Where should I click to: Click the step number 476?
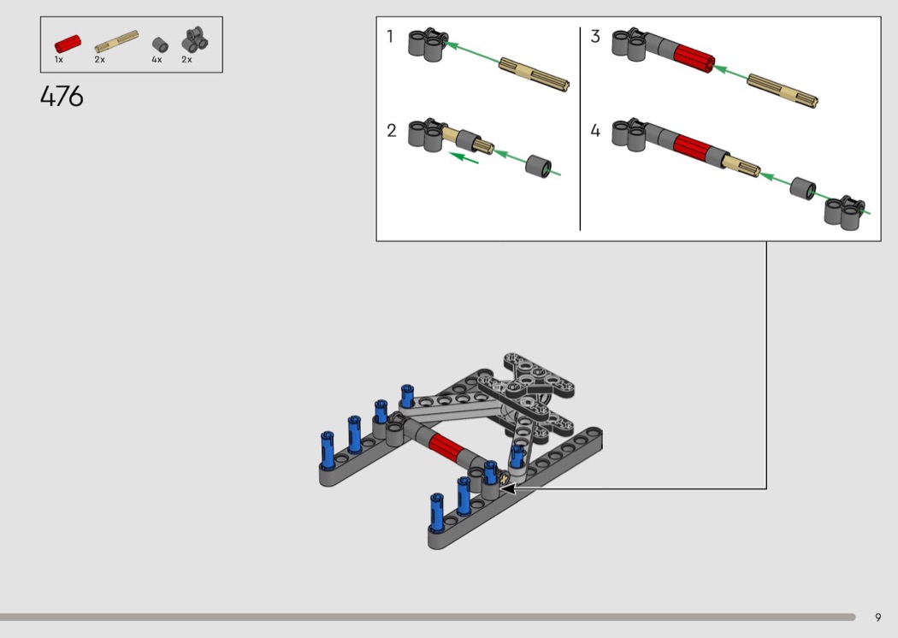click(62, 97)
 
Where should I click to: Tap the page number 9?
click(878, 617)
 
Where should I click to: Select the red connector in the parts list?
click(68, 44)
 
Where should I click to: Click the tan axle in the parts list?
click(116, 41)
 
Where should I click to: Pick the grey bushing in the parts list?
click(160, 44)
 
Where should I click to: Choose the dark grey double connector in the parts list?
click(195, 39)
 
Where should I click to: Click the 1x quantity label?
click(59, 60)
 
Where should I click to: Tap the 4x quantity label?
click(157, 60)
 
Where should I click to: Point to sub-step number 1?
click(390, 37)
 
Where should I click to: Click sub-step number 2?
click(391, 131)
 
